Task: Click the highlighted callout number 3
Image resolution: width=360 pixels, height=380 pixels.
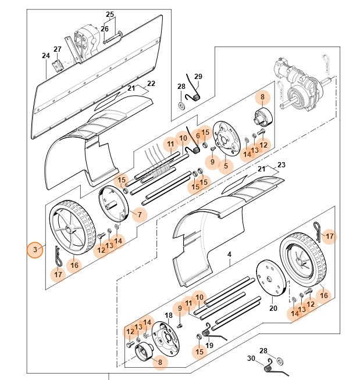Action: coord(35,250)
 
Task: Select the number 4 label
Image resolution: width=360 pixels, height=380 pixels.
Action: coord(229,254)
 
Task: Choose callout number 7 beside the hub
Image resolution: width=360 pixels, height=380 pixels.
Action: coord(139,215)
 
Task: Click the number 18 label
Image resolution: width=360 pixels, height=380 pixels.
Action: coord(169,316)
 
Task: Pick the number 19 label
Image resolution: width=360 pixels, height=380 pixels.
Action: coord(209,345)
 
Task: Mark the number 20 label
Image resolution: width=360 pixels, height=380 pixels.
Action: coord(273,309)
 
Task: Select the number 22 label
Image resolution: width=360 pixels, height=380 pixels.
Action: coord(151,83)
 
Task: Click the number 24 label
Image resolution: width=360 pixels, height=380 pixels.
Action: coord(46,56)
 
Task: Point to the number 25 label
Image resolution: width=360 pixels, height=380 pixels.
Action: coord(110,14)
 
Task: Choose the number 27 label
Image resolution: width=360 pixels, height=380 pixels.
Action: coord(58,49)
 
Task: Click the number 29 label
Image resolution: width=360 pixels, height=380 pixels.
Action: coord(198,77)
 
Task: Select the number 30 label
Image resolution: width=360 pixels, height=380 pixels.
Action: coord(251,359)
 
